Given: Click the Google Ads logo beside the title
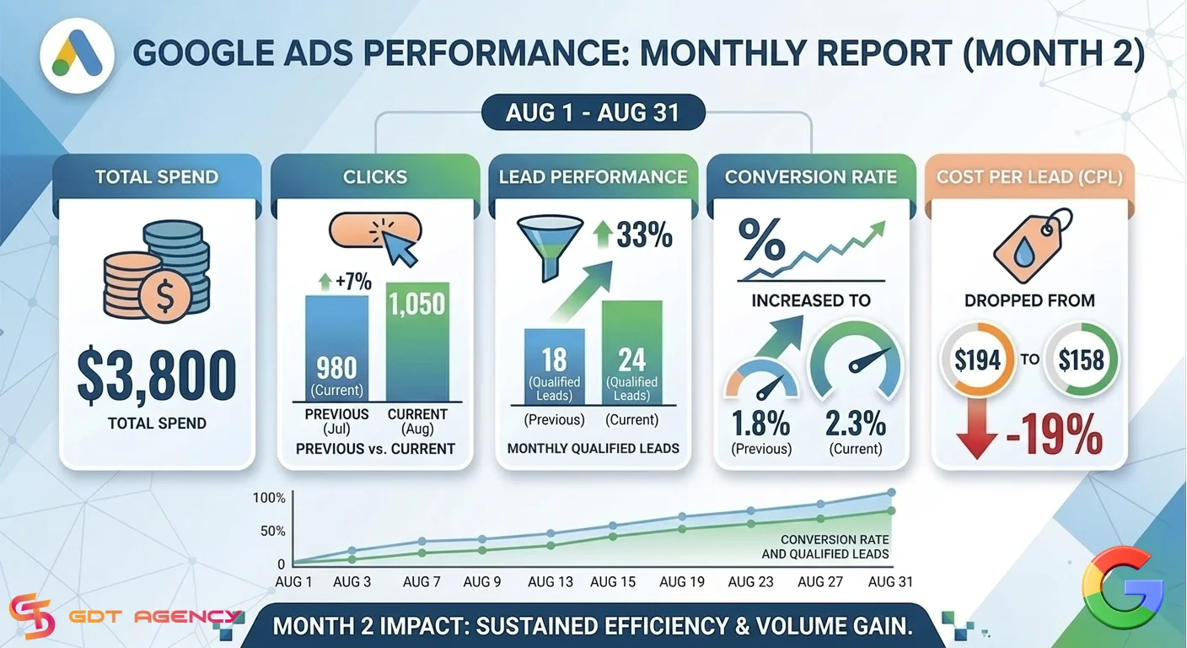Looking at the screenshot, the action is [78, 55].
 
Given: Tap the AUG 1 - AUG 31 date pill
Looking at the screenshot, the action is [593, 112].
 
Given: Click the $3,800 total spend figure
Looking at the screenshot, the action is [157, 375].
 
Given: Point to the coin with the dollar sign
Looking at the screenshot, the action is [164, 294].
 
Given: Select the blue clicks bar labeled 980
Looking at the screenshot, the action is [336, 348].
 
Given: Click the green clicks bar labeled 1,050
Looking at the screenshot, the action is [417, 342].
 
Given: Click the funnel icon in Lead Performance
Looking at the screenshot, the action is [550, 246].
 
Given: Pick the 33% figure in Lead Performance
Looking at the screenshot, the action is [644, 235].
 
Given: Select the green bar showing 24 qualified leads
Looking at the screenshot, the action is [631, 353].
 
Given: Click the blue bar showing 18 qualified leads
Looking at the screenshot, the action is [554, 366].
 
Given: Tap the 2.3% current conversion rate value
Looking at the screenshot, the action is [856, 424].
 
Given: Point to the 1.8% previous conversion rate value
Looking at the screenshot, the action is [761, 424].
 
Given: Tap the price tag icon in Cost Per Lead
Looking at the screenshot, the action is [1032, 246].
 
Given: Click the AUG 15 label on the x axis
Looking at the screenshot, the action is [613, 581].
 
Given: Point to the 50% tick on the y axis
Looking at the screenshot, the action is [273, 531].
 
